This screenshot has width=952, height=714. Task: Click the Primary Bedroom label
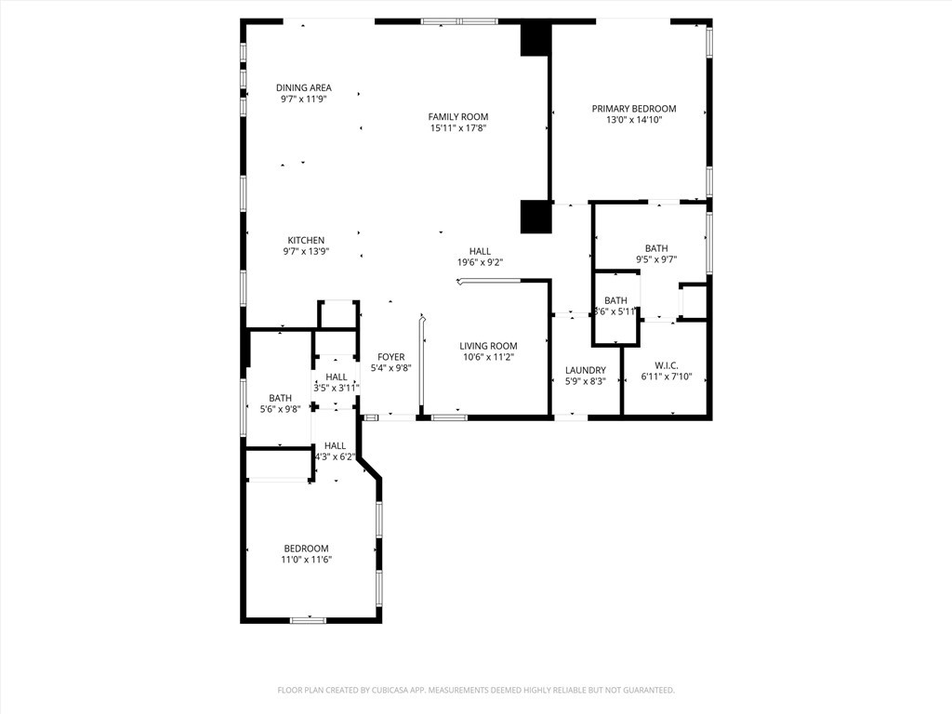click(634, 109)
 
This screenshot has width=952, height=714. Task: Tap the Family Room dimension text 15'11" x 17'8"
click(458, 128)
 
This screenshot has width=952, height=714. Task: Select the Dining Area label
click(304, 87)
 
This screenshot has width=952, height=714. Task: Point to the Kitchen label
click(306, 241)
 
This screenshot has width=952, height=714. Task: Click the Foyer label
click(391, 357)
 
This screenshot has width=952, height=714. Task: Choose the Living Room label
click(488, 346)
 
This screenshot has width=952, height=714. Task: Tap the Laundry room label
click(586, 370)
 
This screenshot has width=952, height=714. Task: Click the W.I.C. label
click(667, 365)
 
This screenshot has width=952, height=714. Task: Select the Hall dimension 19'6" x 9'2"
click(481, 262)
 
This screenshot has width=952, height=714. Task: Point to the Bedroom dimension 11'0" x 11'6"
click(306, 560)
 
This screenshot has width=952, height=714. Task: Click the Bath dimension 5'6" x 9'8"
click(280, 409)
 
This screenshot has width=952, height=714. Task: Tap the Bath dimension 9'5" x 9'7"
click(656, 259)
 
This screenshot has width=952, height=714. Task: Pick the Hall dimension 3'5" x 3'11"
click(337, 388)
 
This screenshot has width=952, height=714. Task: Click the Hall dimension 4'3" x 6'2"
click(335, 456)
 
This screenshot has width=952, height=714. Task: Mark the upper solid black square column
click(535, 39)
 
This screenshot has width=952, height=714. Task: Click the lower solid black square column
click(535, 217)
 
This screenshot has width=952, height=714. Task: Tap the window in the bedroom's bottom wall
click(308, 620)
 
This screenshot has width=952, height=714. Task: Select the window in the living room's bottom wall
click(449, 417)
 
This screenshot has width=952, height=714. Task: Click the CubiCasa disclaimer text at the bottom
click(476, 691)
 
